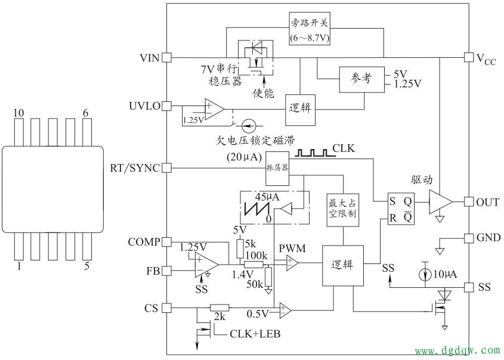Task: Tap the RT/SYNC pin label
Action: (x=135, y=168)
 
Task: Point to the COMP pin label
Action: (x=144, y=242)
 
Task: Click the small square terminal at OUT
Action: (x=468, y=201)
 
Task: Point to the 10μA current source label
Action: (x=445, y=274)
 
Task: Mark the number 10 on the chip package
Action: (x=19, y=113)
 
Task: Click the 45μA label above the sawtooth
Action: (x=268, y=197)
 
